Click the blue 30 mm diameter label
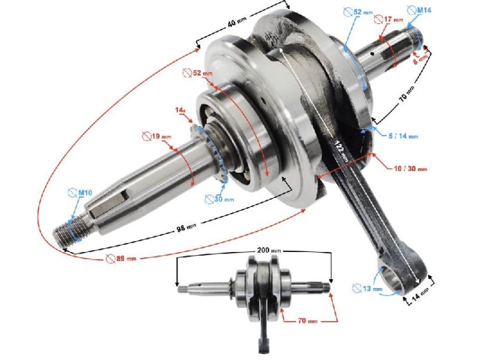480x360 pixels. pos(219,199)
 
